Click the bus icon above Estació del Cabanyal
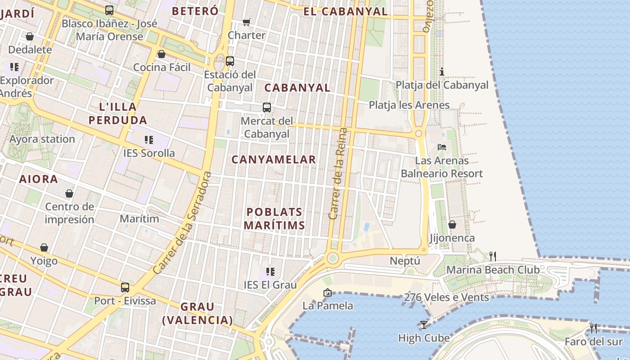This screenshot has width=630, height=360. (230, 61)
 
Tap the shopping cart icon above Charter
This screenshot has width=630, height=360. (246, 22)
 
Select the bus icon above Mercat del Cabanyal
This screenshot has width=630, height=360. (267, 108)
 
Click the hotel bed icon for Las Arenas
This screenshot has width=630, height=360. (442, 147)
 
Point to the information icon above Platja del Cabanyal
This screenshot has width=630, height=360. (442, 72)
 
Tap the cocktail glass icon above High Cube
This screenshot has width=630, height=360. (423, 324)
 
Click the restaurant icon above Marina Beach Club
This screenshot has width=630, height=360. (493, 256)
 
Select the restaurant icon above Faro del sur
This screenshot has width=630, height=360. (594, 328)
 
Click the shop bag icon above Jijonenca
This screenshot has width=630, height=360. (452, 225)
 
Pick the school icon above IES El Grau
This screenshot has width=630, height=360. (270, 271)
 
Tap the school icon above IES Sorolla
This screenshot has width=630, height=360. (149, 140)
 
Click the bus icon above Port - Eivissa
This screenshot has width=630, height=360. (125, 287)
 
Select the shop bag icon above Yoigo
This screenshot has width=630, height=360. (44, 247)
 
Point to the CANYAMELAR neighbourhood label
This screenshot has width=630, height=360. (274, 160)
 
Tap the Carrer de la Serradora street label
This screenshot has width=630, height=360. (182, 223)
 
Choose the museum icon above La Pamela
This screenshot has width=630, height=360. (327, 292)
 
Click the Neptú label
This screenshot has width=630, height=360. (405, 261)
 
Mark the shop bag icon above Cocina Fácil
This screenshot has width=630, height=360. (162, 54)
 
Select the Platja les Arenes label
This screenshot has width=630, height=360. (409, 105)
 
